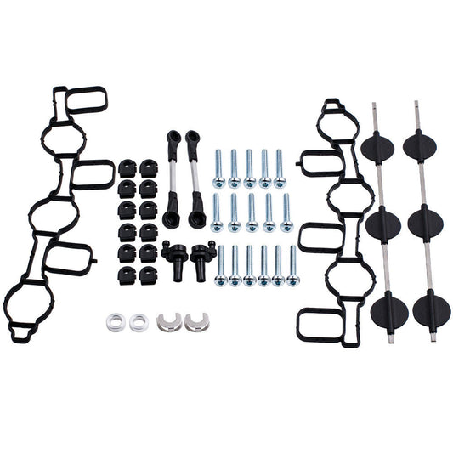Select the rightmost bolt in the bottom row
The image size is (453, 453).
pyautogui.click(x=293, y=265)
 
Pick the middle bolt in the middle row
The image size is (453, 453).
pyautogui.click(x=251, y=212)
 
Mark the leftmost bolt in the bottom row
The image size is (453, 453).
pyautogui.click(x=221, y=265)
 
